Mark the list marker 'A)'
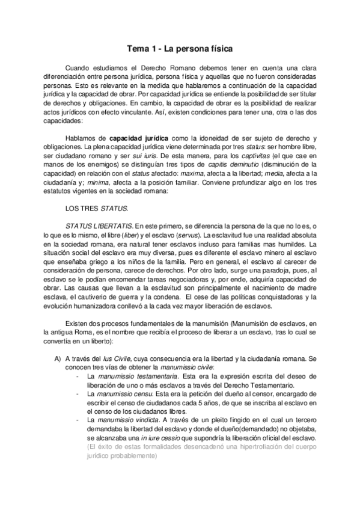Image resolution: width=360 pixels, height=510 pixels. point(58,358)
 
